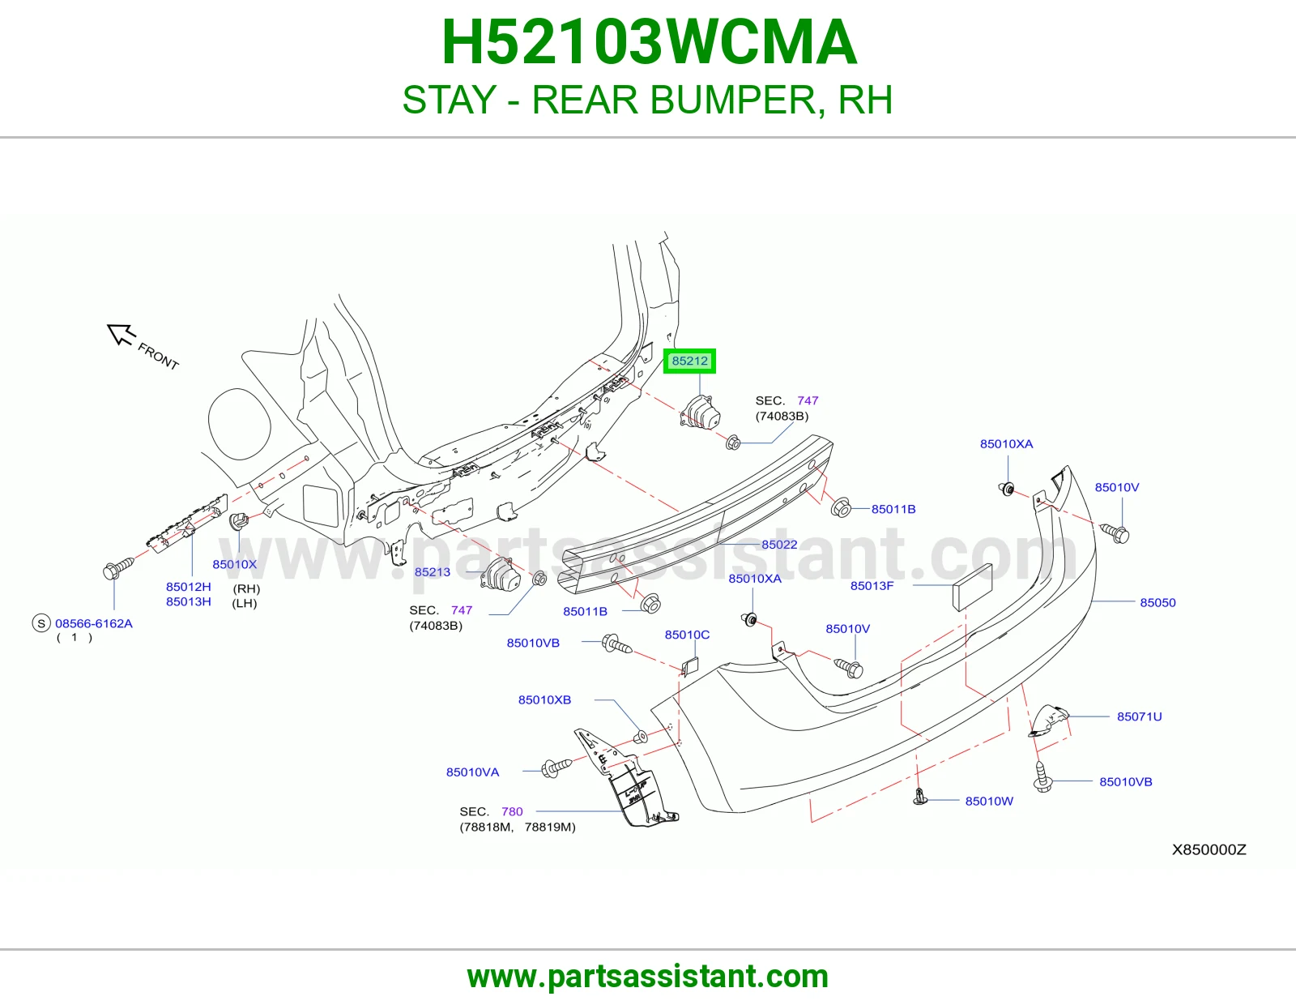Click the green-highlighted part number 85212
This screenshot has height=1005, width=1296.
(689, 361)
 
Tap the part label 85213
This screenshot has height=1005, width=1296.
(433, 571)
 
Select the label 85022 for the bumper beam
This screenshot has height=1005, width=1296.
(779, 545)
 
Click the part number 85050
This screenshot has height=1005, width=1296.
(1157, 602)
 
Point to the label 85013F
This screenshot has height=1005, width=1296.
(872, 585)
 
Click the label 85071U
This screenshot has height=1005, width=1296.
(1139, 716)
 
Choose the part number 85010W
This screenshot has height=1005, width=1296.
(989, 801)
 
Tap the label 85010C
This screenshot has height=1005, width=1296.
(687, 635)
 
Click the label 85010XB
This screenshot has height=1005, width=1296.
(544, 699)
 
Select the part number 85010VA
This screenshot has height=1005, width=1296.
(472, 772)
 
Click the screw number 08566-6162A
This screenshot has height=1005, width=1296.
(94, 623)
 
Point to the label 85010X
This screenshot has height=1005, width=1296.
(234, 564)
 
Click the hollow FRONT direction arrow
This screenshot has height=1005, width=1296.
(121, 334)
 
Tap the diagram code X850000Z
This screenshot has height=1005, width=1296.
(1209, 849)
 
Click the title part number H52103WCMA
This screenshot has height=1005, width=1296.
(649, 42)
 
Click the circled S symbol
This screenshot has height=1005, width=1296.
(41, 623)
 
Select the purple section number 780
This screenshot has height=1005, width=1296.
(512, 811)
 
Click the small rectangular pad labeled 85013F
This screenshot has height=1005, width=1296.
(972, 588)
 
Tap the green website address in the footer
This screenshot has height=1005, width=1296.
(648, 977)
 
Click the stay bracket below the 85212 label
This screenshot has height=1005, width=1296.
(700, 412)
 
